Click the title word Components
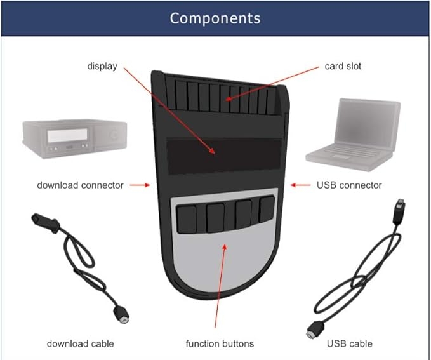[x=215, y=18]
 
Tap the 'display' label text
[x=102, y=66]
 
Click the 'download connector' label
[x=80, y=185]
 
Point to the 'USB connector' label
[x=349, y=185]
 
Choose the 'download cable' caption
[x=80, y=343]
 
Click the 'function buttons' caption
[x=220, y=343]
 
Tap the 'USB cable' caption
[x=350, y=343]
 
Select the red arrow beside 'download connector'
[x=140, y=185]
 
